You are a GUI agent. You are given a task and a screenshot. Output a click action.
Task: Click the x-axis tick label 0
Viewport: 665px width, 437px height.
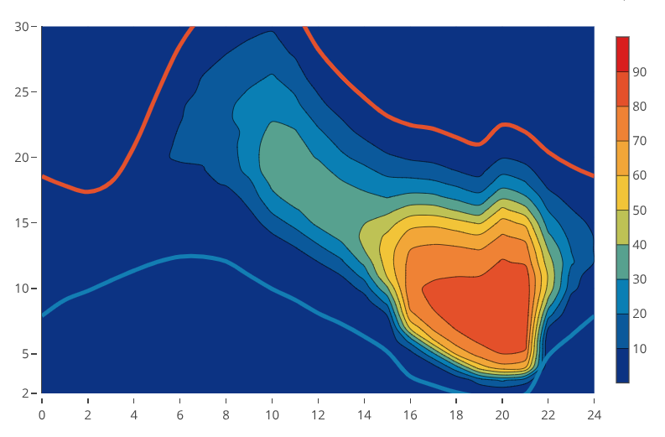point(42,413)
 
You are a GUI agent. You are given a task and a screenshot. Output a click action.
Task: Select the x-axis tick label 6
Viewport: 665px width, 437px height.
point(180,413)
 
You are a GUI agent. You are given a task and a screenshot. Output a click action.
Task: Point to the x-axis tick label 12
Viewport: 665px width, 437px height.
point(318,413)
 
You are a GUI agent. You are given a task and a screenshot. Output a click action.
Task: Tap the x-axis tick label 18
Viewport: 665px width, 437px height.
point(456,413)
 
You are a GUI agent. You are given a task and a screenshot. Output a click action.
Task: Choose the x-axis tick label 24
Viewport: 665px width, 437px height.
point(594,413)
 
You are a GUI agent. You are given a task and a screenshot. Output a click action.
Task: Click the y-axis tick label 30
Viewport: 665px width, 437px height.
point(22,27)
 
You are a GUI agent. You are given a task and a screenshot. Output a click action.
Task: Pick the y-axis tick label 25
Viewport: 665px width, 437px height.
point(22,91)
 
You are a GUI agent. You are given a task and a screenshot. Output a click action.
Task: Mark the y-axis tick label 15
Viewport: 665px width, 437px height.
point(22,222)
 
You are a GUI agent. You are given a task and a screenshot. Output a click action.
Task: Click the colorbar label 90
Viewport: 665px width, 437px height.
point(639,72)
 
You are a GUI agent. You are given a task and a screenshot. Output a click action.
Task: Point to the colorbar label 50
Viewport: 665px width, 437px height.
point(639,211)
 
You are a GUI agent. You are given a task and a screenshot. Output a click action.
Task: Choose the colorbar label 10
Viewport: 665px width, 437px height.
point(639,349)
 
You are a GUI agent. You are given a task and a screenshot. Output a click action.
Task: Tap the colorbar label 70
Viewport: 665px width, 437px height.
point(639,141)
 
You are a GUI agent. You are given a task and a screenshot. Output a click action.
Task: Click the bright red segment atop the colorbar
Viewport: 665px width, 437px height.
point(622,54)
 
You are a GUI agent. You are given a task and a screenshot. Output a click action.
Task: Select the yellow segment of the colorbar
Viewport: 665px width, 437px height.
point(622,192)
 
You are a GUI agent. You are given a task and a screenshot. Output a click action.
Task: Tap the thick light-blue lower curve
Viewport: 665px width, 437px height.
point(193,256)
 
